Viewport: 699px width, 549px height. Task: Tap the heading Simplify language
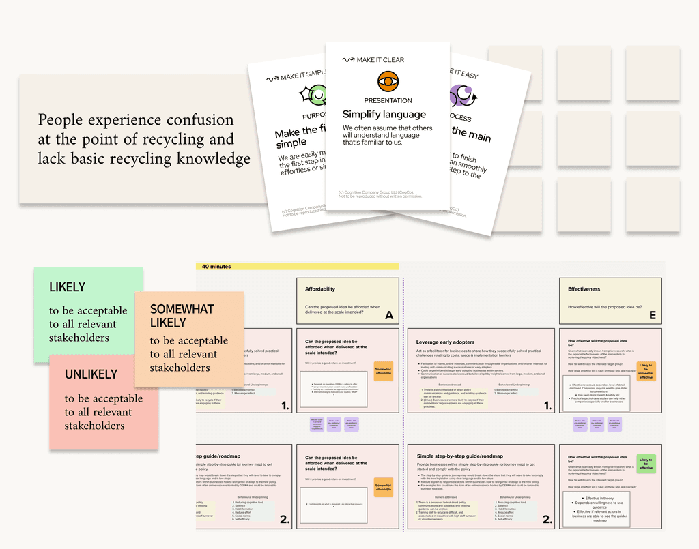(384, 115)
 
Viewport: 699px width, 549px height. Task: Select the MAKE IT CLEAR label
(380, 60)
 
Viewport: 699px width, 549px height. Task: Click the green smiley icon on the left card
(317, 95)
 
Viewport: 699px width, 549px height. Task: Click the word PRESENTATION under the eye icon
(388, 101)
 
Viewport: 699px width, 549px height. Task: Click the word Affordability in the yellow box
(320, 289)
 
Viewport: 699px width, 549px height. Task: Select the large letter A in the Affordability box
(389, 315)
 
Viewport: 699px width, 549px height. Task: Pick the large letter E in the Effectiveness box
(653, 315)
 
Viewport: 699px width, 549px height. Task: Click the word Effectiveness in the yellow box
(584, 289)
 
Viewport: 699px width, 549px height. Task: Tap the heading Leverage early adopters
(445, 342)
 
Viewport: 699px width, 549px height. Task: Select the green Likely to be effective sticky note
(646, 464)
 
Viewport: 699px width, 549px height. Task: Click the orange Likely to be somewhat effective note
(646, 371)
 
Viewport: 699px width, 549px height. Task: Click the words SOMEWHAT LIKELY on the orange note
(182, 316)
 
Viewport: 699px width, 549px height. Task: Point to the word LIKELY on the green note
(67, 288)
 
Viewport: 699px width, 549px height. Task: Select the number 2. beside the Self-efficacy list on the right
(547, 520)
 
